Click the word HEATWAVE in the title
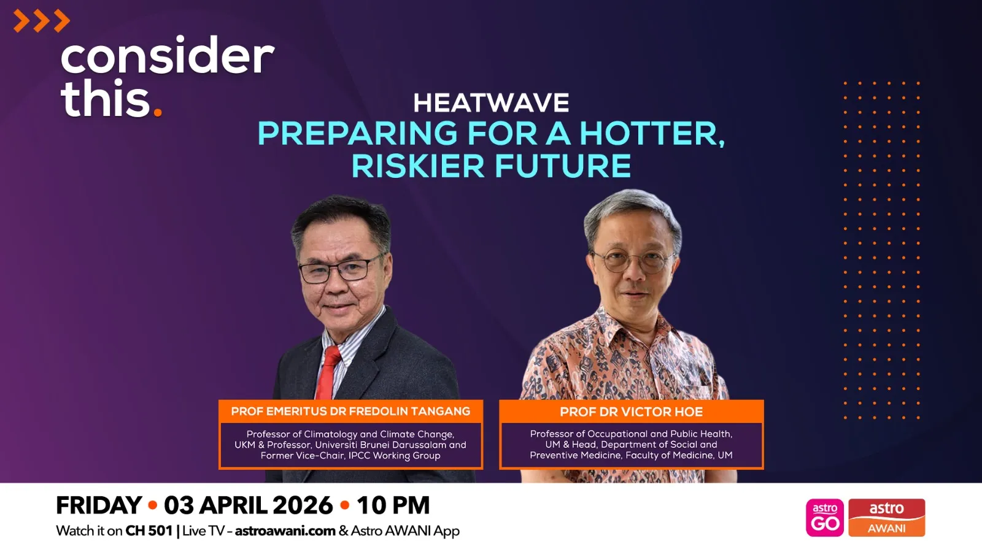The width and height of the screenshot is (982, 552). [491, 103]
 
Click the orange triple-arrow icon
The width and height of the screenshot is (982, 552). [41, 21]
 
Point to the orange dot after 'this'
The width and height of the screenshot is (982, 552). [158, 112]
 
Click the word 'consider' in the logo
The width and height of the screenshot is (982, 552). [167, 56]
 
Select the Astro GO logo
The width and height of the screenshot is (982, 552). [825, 518]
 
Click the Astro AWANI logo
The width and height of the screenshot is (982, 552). [886, 518]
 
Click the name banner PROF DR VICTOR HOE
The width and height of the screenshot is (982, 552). [631, 412]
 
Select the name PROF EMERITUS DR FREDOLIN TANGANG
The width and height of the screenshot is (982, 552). [350, 412]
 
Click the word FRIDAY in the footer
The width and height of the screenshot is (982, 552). [99, 505]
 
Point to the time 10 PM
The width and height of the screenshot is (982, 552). [393, 505]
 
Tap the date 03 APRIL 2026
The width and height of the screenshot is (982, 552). [248, 505]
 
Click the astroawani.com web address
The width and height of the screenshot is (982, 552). [285, 531]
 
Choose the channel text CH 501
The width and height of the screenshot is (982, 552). [149, 531]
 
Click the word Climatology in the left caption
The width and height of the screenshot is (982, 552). [331, 434]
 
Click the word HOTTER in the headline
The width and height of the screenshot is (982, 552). [652, 133]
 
